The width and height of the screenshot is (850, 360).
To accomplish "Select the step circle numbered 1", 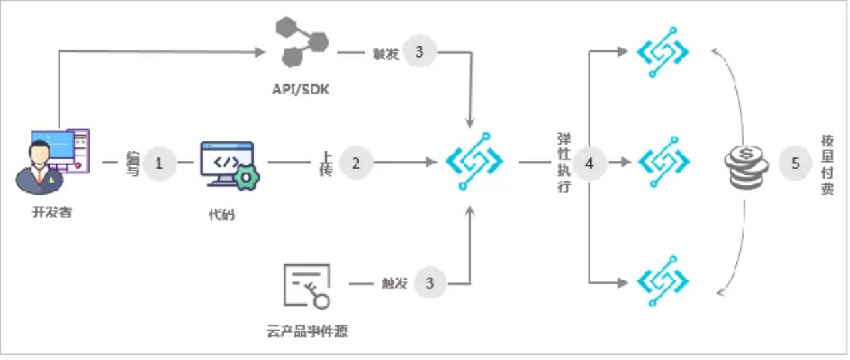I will [x=159, y=163].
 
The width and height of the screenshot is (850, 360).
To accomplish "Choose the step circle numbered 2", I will [x=356, y=163].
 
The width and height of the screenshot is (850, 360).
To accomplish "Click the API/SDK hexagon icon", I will [x=301, y=43].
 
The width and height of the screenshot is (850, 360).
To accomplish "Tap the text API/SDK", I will [x=301, y=89].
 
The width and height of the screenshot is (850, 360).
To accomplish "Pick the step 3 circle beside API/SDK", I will [x=419, y=52].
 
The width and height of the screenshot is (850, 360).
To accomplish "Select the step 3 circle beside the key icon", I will [x=430, y=283].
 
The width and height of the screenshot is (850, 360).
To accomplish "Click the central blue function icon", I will [x=474, y=161].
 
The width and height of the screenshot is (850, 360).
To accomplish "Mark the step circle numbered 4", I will [x=589, y=162].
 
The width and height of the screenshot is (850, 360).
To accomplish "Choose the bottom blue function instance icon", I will [x=663, y=281].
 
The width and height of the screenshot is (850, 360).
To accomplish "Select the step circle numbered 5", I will [x=796, y=163].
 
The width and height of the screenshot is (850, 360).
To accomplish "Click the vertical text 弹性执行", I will [x=564, y=163].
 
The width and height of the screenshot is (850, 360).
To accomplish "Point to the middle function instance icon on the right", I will [x=663, y=162].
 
